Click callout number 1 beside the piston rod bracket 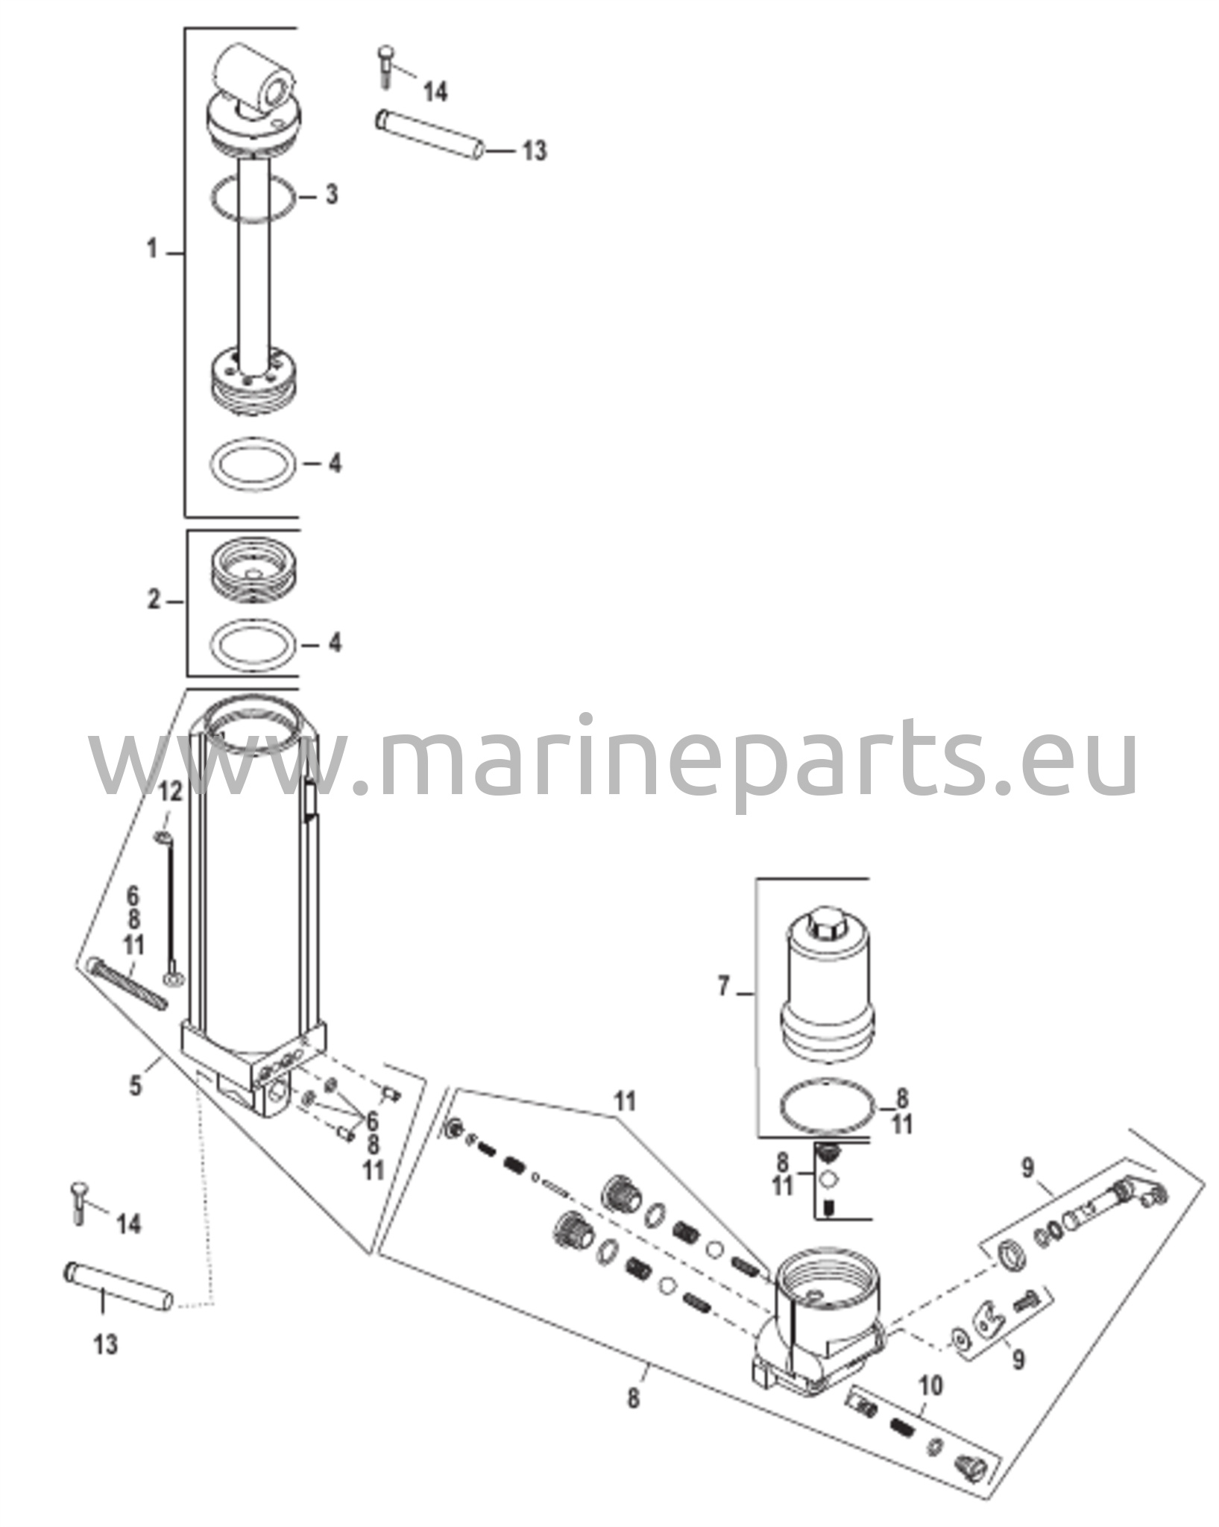tap(152, 250)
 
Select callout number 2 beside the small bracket tap(154, 599)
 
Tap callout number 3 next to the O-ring tap(331, 195)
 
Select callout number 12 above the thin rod tap(170, 791)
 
